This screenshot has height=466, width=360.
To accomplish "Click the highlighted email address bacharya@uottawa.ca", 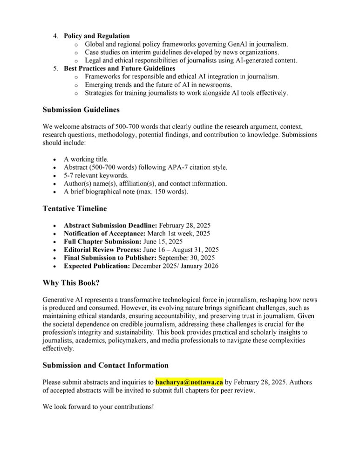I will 189,383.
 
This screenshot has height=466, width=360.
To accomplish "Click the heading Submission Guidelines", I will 81,110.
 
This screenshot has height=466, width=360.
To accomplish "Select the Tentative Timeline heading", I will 75,208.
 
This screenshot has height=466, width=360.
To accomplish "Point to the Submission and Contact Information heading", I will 105,365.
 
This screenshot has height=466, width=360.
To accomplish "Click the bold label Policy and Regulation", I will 97,36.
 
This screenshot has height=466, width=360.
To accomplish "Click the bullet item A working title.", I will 86,159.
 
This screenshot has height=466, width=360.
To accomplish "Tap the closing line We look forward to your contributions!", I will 98,406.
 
